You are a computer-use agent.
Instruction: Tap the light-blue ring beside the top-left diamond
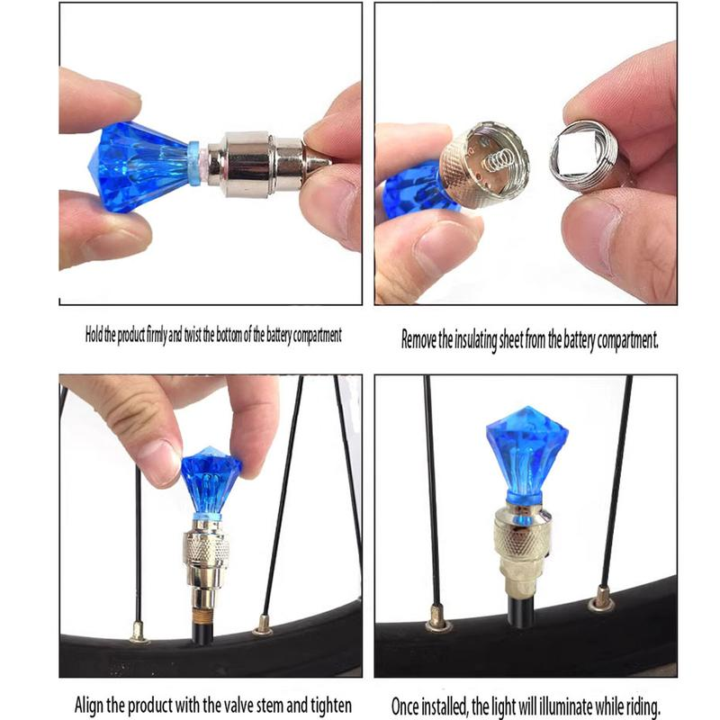tap(194, 163)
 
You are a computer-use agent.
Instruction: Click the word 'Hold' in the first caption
tap(94, 335)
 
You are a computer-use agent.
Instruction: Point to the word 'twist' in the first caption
tap(193, 335)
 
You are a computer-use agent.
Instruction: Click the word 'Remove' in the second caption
tap(418, 340)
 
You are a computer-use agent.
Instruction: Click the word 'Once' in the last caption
tap(404, 706)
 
